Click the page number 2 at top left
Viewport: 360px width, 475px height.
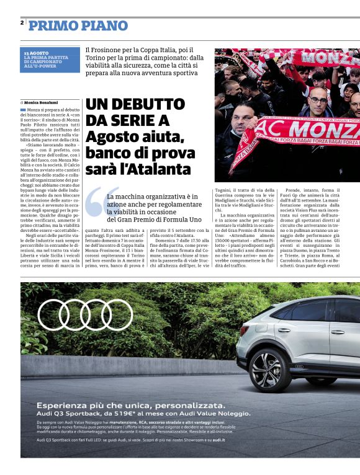[x=22, y=23]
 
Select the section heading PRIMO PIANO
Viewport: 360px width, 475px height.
[x=78, y=26]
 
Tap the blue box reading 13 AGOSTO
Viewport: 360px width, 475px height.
[x=50, y=60]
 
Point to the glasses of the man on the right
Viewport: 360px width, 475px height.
[x=319, y=99]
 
